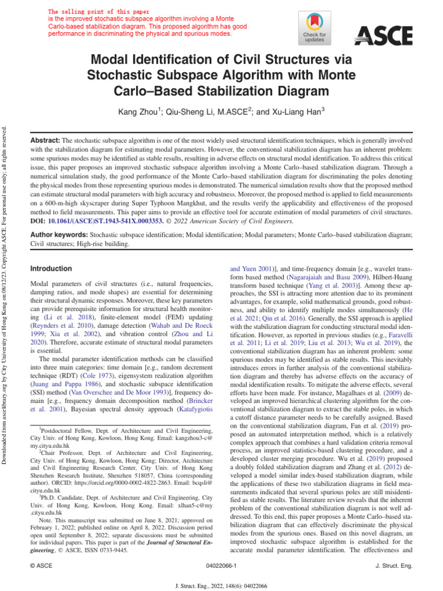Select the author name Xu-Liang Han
point(300,111)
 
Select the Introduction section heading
point(51,269)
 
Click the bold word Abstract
point(45,140)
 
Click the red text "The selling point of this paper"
point(99,12)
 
